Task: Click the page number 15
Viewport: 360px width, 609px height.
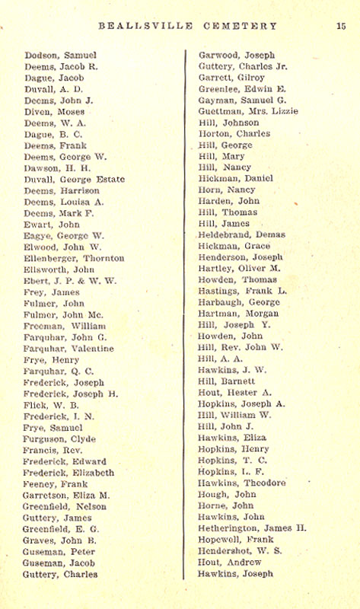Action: pyautogui.click(x=341, y=25)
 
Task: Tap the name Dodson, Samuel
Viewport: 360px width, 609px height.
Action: pyautogui.click(x=55, y=56)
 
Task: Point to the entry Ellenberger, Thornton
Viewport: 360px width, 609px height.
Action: pyautogui.click(x=74, y=258)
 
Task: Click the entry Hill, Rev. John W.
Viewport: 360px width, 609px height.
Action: pyautogui.click(x=240, y=348)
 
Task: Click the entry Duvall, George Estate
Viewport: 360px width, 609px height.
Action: pyautogui.click(x=66, y=179)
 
